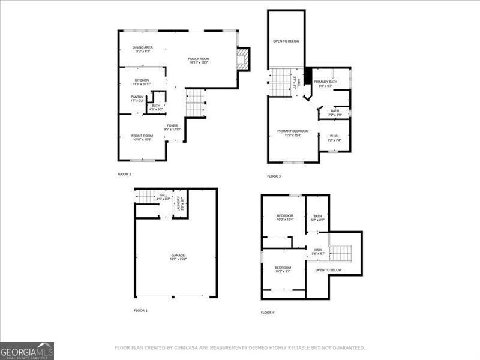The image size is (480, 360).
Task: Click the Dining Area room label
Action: (142, 49)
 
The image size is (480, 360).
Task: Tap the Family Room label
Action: (198, 59)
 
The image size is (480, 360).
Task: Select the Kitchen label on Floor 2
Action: (142, 82)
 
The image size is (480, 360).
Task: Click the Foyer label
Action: (172, 127)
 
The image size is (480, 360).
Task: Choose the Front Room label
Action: (142, 137)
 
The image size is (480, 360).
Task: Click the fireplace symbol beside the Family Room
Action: (243, 59)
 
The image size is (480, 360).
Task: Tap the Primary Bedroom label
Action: (293, 133)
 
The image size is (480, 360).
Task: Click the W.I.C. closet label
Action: (334, 138)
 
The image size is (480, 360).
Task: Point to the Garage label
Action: (178, 257)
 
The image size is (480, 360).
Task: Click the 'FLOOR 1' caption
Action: (141, 310)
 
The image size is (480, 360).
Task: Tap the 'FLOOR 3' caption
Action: (274, 176)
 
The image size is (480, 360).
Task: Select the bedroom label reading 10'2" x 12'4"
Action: (284, 217)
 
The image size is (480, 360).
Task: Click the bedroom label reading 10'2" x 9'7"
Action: (283, 269)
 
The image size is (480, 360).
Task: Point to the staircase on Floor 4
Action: (340, 253)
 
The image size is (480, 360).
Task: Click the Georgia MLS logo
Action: (27, 350)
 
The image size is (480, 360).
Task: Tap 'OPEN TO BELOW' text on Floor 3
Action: (286, 41)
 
